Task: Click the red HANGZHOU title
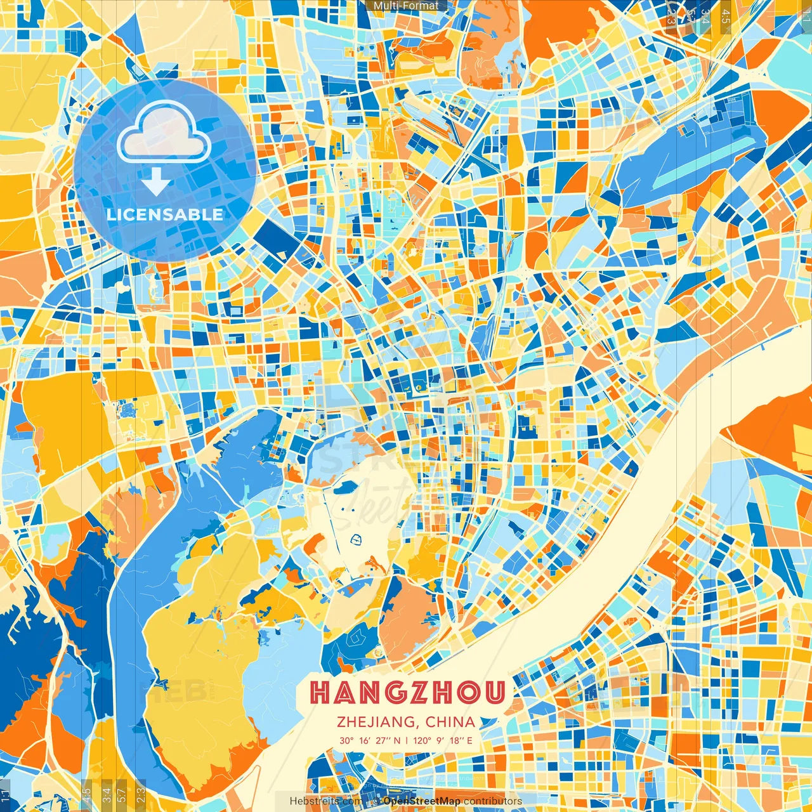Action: (408, 693)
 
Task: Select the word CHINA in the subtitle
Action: (450, 722)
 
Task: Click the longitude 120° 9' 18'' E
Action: (443, 740)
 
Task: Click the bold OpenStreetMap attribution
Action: (422, 801)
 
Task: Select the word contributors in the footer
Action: (493, 801)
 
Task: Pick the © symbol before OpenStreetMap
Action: (376, 801)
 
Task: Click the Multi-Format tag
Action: (406, 6)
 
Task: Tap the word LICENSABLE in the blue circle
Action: (165, 214)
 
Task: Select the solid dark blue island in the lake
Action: (348, 488)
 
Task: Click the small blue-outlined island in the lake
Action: (356, 540)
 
